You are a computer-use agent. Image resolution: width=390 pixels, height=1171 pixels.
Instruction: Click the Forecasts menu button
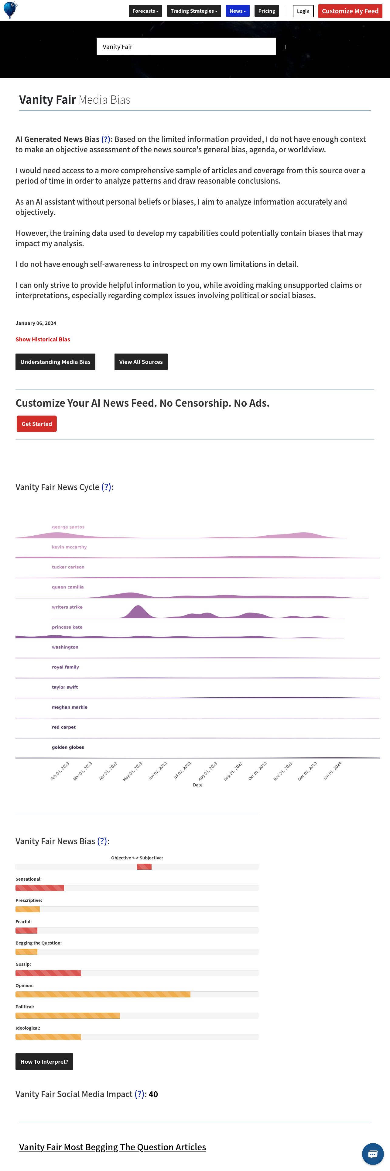[145, 11]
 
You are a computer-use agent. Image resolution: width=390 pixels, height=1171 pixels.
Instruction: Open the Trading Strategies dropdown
[194, 11]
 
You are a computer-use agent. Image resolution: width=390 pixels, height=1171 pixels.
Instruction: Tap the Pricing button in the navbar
[266, 11]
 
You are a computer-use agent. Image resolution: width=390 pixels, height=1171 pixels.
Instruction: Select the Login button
[303, 11]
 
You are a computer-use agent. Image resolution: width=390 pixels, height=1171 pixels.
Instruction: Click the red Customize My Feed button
[350, 11]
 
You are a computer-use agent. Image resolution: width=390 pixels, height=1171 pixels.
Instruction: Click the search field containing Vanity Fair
[186, 47]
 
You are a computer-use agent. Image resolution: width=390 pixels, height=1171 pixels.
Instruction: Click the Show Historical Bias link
[43, 339]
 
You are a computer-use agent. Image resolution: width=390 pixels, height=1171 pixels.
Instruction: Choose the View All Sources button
[141, 362]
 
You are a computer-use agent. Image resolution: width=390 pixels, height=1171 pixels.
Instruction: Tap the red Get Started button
[37, 424]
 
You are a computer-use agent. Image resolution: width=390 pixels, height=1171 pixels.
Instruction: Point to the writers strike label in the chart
[67, 607]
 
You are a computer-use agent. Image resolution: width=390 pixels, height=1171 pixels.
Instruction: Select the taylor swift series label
[65, 687]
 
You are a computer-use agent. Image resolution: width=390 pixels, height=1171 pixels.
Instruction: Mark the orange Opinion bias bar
[103, 994]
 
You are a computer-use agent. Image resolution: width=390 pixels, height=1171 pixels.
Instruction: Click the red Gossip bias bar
[48, 973]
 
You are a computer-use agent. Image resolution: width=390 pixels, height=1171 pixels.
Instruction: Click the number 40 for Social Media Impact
[153, 1094]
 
